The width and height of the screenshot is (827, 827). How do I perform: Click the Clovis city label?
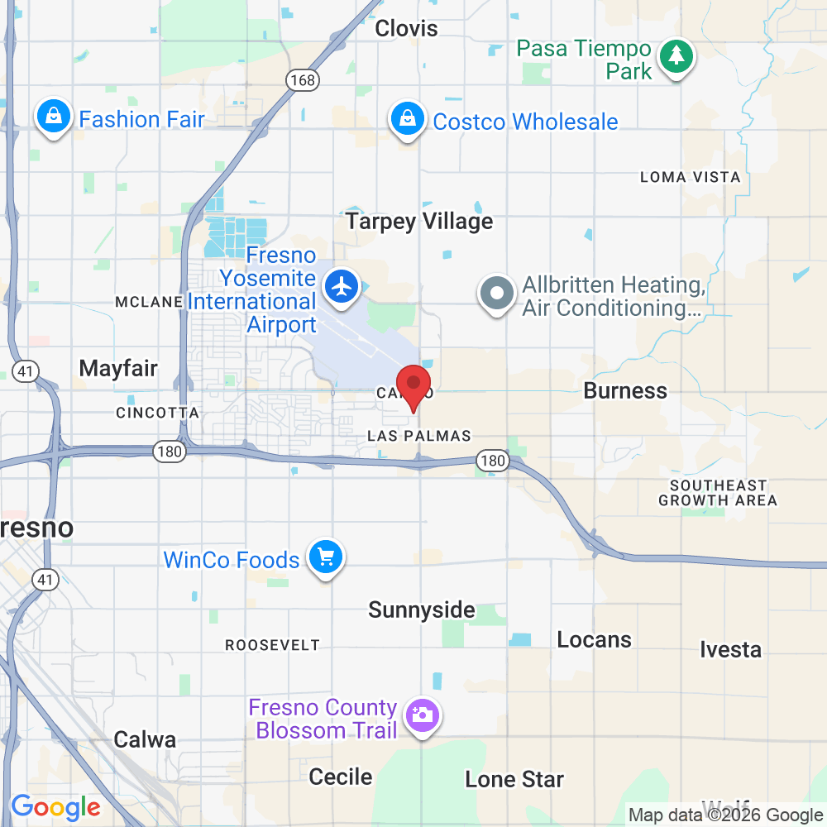tap(406, 29)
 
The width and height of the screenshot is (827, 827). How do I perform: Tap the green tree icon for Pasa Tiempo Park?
tap(677, 56)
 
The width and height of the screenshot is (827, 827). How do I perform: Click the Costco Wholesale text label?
tap(525, 122)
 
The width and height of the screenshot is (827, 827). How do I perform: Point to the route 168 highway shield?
tap(302, 79)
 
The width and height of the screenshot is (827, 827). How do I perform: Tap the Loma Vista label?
tap(691, 177)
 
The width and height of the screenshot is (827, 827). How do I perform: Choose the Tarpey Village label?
tap(419, 222)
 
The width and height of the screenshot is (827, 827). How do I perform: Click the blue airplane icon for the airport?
tap(341, 286)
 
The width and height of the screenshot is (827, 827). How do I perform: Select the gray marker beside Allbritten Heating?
tap(497, 294)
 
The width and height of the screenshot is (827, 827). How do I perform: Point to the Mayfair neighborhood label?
tap(118, 368)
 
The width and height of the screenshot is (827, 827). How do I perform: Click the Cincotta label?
tap(157, 413)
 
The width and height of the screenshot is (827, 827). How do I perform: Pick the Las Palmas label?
tap(418, 436)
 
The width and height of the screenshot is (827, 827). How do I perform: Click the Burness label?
tap(625, 390)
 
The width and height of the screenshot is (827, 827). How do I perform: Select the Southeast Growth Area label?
tap(718, 493)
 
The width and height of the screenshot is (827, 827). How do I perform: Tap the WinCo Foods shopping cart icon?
tap(325, 558)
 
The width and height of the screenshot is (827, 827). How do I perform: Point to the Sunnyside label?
tap(422, 610)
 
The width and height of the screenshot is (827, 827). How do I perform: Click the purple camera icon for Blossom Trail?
tap(423, 715)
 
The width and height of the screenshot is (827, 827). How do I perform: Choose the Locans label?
tap(594, 639)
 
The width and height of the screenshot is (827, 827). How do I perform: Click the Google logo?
tap(55, 806)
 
